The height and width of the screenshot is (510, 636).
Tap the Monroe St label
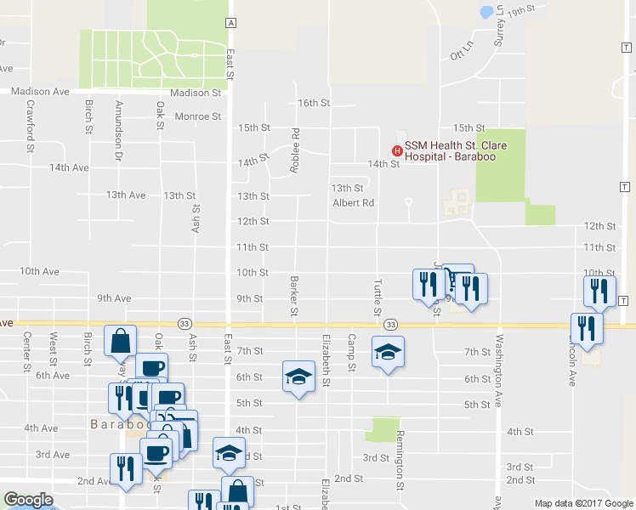(197, 116)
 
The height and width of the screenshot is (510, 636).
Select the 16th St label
(313, 103)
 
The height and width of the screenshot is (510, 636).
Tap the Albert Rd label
(353, 203)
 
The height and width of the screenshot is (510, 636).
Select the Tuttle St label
(377, 297)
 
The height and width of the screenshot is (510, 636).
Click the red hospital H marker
(395, 151)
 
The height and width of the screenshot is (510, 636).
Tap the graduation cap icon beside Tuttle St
(388, 352)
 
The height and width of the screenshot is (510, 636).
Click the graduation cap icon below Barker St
(298, 376)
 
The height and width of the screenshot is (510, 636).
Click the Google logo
(28, 500)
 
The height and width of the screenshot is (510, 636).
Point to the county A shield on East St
(230, 21)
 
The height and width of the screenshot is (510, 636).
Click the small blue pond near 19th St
(486, 12)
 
